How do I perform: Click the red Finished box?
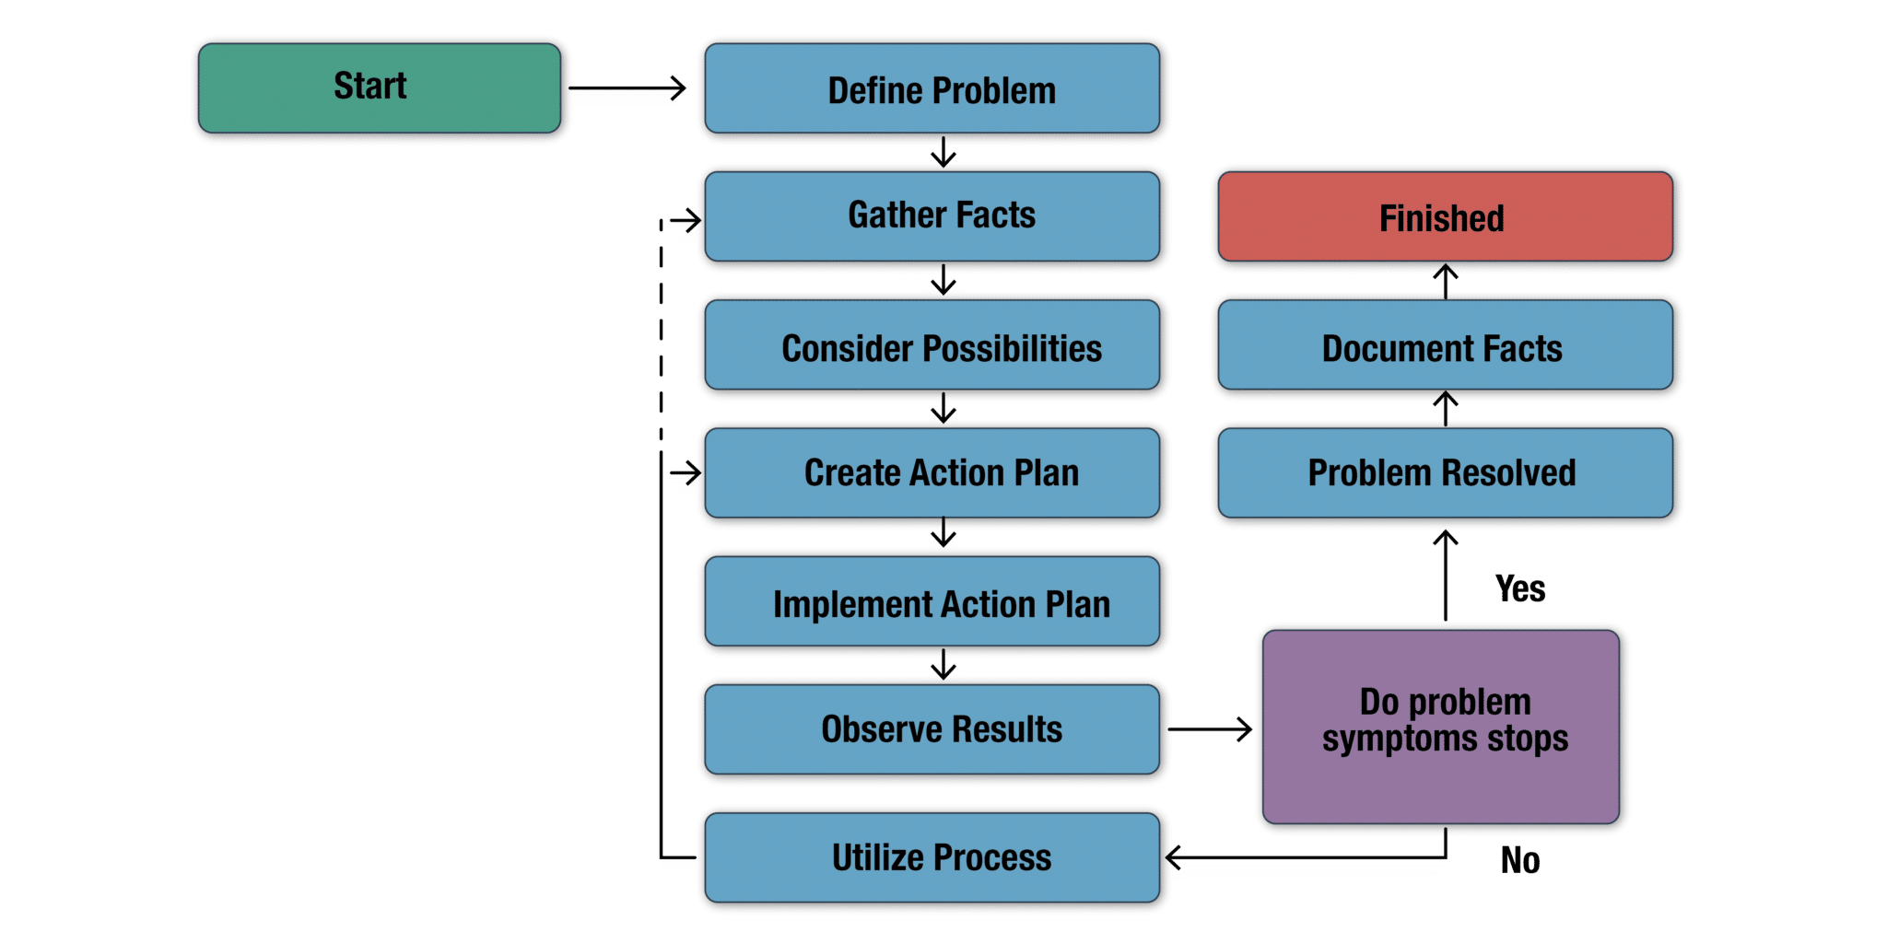(x=1445, y=218)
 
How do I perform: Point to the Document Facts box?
(x=1445, y=347)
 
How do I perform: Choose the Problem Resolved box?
(x=1445, y=473)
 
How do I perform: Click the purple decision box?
(x=1442, y=728)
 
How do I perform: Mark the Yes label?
(x=1519, y=588)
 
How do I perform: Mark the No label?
(x=1519, y=861)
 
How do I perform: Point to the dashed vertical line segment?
(x=662, y=332)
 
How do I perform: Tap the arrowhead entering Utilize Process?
(x=1174, y=860)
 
